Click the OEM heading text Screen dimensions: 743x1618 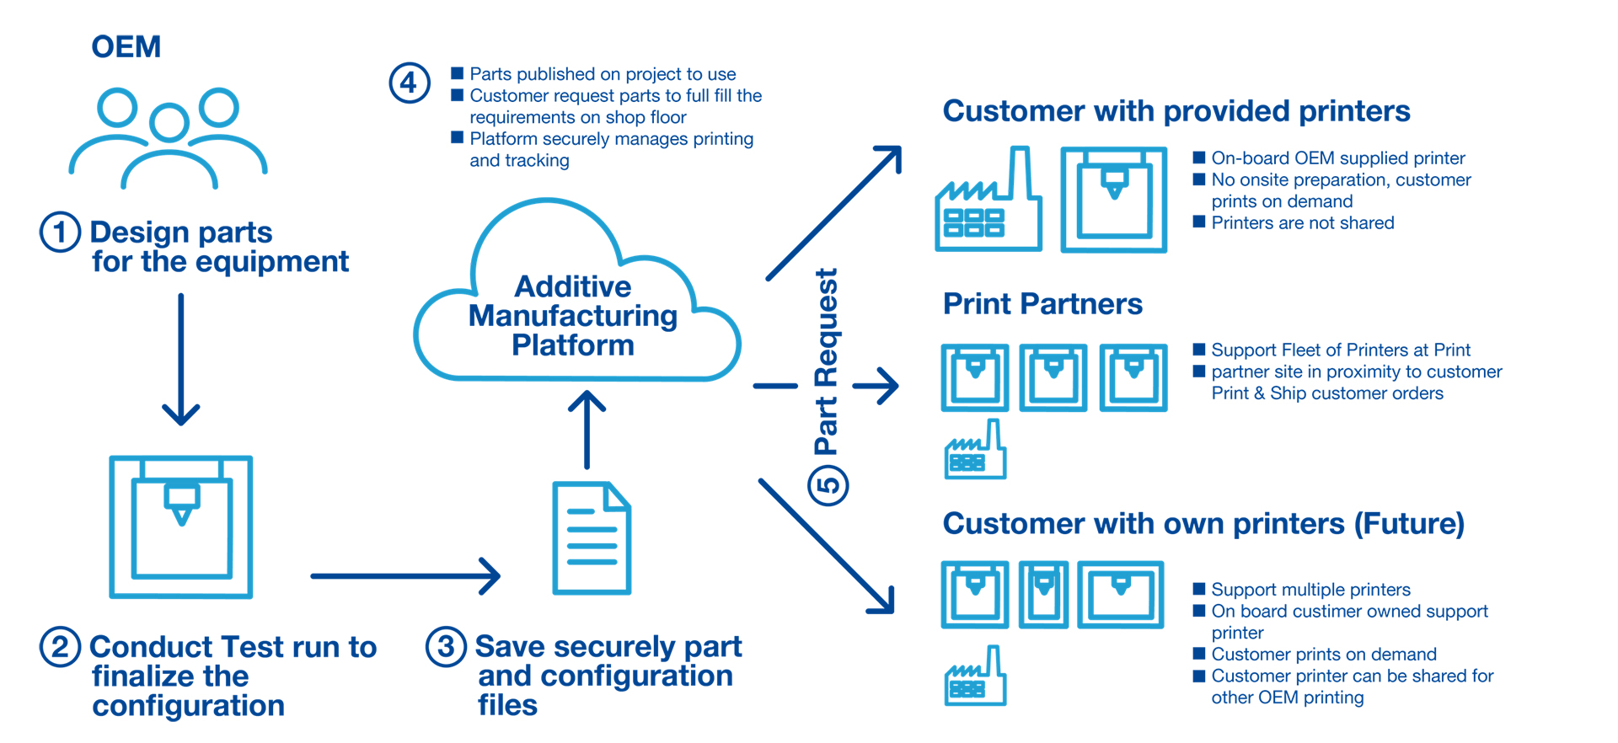tap(126, 47)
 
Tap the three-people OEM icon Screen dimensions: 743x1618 tap(169, 137)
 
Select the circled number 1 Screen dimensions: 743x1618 tap(60, 232)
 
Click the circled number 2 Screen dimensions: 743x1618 tap(60, 647)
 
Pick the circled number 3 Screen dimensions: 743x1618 tap(446, 647)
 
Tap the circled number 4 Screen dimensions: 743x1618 tap(410, 83)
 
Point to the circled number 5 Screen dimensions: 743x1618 tap(828, 485)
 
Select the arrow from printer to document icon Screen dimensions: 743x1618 tap(405, 576)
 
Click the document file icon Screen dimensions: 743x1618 tap(592, 538)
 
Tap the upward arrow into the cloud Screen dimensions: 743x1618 tap(587, 430)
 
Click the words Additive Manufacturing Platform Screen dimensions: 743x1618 tap(573, 316)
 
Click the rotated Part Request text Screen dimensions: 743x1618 tap(827, 362)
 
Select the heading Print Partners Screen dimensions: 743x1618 tap(1042, 304)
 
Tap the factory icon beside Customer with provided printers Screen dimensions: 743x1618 tap(988, 203)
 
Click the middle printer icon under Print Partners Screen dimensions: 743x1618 tap(1053, 377)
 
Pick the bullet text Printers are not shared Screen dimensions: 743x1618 tap(1302, 223)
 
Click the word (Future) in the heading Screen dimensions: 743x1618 tap(1409, 524)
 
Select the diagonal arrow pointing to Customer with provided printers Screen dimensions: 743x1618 tap(833, 212)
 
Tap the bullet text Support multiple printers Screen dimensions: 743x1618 tap(1310, 590)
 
